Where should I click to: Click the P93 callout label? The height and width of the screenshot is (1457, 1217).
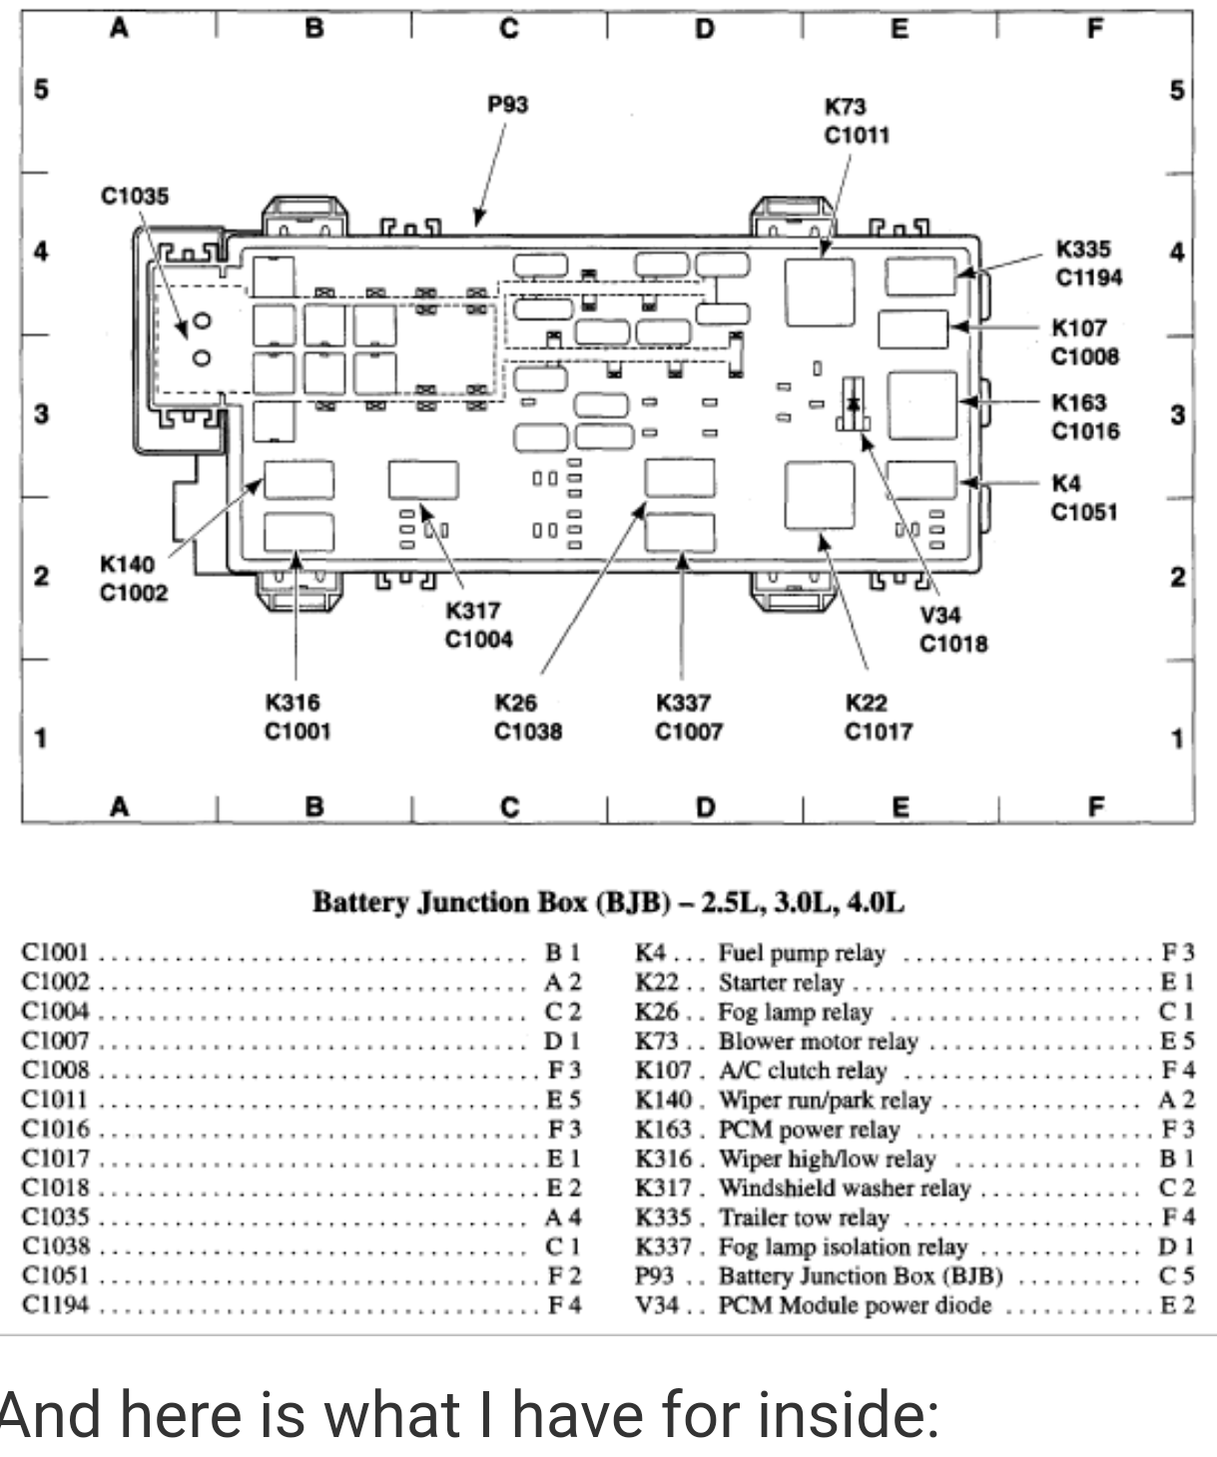(x=507, y=105)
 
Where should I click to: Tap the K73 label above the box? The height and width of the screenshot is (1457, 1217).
(x=845, y=107)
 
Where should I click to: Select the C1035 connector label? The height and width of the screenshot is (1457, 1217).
(x=135, y=196)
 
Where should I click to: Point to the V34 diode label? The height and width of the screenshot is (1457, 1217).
(x=938, y=615)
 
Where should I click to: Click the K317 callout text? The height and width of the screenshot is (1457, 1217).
(x=472, y=610)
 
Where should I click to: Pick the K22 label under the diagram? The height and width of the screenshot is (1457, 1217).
(x=866, y=703)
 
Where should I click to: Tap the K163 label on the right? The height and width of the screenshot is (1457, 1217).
(x=1078, y=402)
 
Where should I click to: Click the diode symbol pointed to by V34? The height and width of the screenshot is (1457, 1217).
(x=854, y=404)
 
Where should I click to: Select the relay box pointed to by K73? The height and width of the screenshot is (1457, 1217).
(x=820, y=292)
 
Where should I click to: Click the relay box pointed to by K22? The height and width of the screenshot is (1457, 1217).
(x=820, y=495)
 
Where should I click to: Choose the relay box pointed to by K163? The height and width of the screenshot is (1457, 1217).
(x=921, y=405)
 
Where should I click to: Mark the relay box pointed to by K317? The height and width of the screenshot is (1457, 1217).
(x=423, y=480)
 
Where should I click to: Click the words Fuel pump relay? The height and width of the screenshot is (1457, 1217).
(x=802, y=953)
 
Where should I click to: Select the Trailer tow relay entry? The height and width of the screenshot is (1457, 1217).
(x=804, y=1217)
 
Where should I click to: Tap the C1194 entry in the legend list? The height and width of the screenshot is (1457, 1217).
(x=56, y=1304)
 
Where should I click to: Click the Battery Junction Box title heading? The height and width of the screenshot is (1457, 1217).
(x=608, y=902)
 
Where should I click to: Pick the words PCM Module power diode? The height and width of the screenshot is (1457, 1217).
(x=856, y=1305)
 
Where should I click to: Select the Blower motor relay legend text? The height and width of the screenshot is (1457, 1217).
(x=818, y=1041)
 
